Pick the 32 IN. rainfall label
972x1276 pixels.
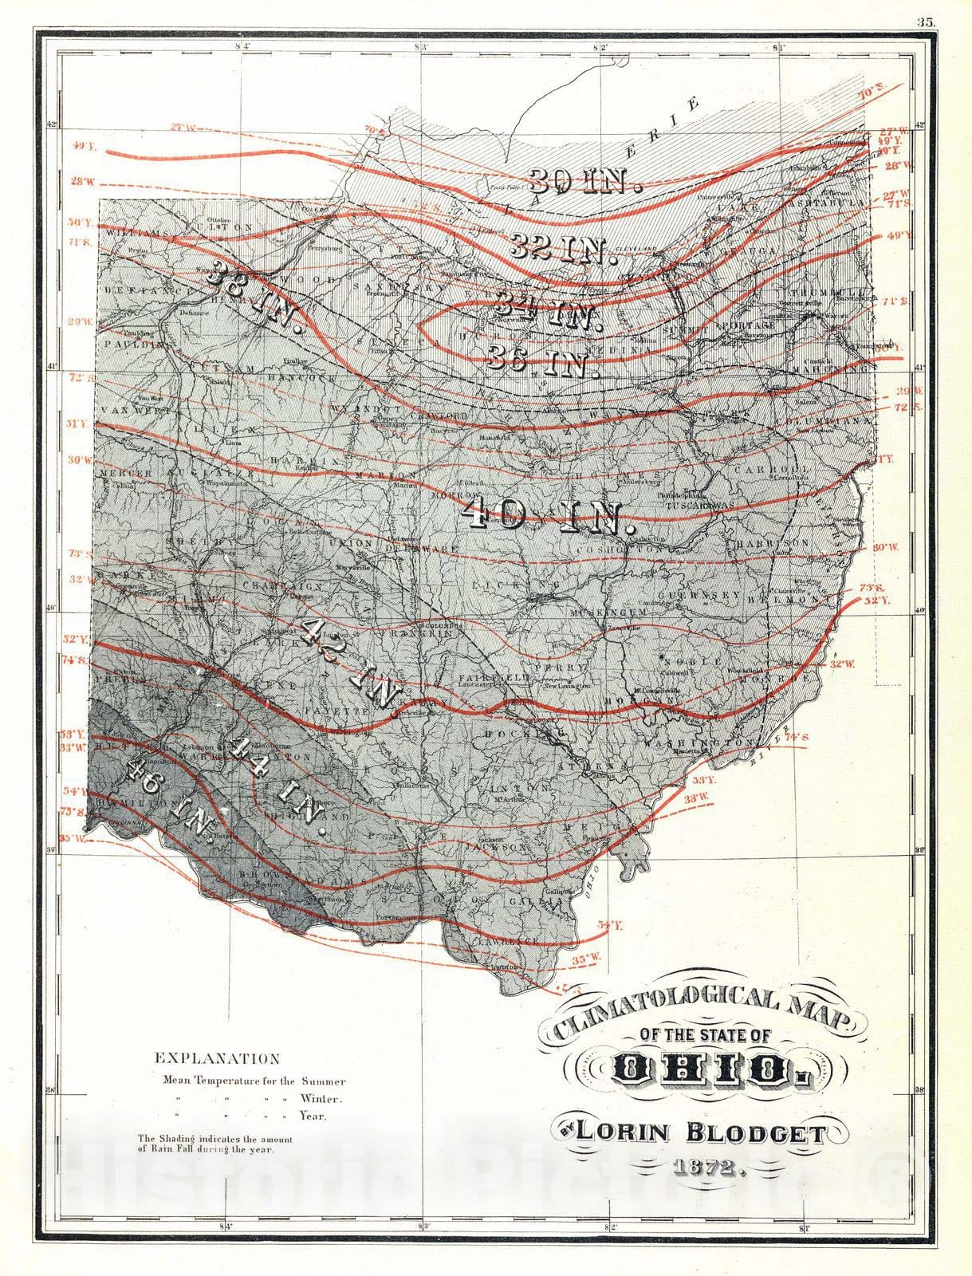pos(563,250)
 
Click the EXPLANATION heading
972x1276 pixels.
pos(217,1059)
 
